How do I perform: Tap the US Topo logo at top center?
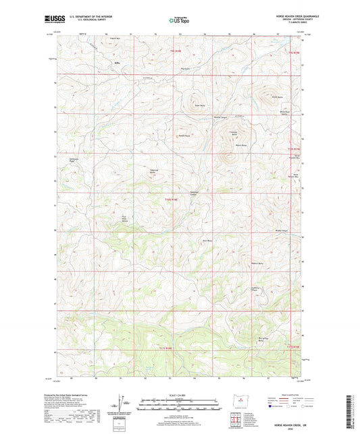tap(179, 20)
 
